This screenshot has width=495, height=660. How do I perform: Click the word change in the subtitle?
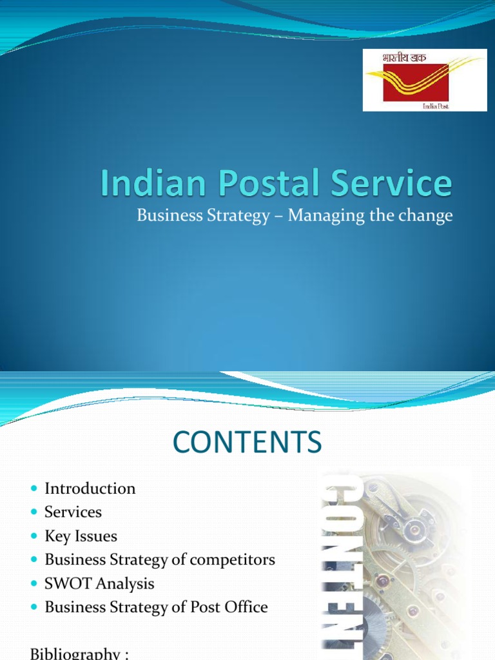coord(425,216)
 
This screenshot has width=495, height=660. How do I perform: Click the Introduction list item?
coord(90,489)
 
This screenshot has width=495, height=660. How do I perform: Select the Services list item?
coord(73,512)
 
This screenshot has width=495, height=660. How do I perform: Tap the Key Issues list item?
coord(81,536)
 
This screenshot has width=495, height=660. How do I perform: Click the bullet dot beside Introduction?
coord(35,489)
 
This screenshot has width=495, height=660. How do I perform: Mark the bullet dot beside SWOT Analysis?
coord(35,584)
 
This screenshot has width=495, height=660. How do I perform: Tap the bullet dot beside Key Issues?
coord(35,537)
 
